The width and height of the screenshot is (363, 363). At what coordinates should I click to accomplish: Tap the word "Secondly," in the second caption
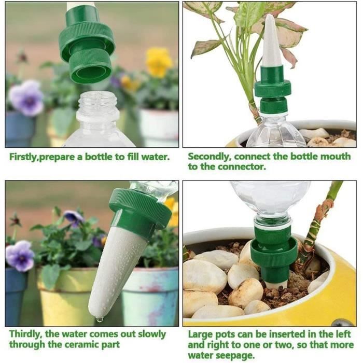pyautogui.click(x=210, y=157)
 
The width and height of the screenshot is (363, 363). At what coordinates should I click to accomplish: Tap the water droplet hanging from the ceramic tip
pyautogui.click(x=100, y=319)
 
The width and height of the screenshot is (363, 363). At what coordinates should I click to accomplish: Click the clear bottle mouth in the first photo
pyautogui.click(x=98, y=102)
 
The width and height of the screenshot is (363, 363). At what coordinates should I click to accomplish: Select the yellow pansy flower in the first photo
pyautogui.click(x=159, y=61)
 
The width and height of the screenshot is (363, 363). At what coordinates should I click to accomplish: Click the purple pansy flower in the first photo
pyautogui.click(x=26, y=97)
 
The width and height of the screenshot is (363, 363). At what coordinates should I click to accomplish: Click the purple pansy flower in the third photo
pyautogui.click(x=20, y=255)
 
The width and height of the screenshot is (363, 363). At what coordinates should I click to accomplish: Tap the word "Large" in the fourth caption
pyautogui.click(x=200, y=335)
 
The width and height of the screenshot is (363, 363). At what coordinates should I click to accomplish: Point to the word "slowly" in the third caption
pyautogui.click(x=152, y=334)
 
